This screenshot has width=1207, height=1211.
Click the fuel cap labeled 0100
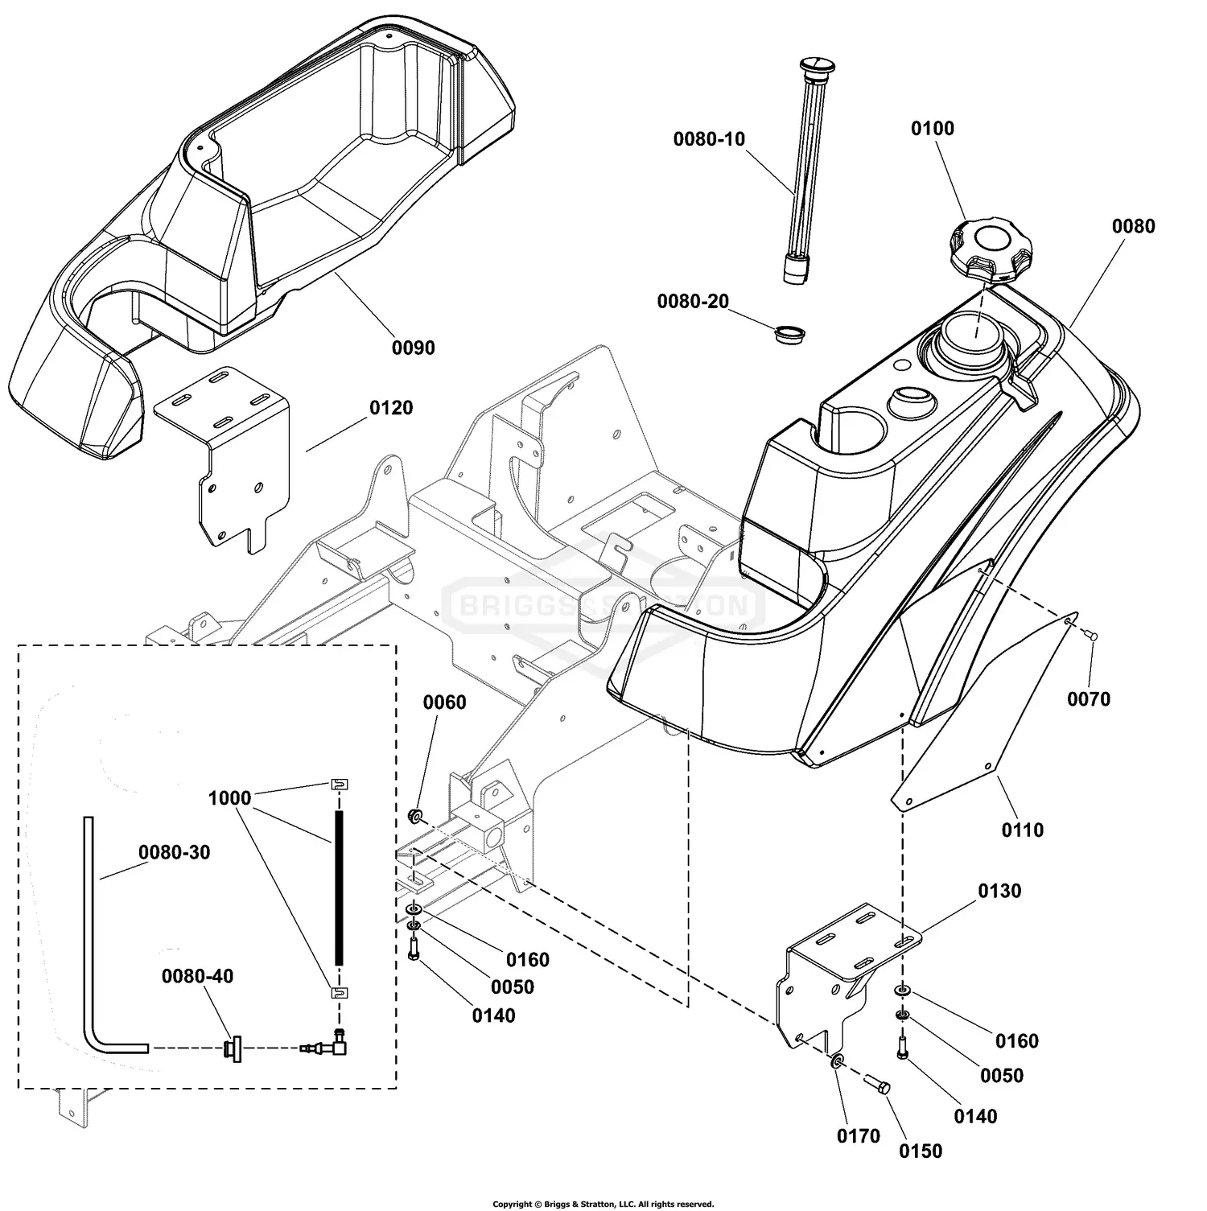click(982, 249)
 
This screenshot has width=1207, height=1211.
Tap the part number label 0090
click(413, 348)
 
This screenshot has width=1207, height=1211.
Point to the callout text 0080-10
click(709, 139)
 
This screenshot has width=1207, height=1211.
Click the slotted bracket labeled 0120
click(221, 451)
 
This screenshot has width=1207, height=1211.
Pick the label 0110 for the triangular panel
click(1022, 830)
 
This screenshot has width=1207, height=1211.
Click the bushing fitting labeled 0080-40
click(233, 1048)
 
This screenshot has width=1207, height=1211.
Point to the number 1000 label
click(229, 798)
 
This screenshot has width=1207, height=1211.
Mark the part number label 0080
click(1133, 227)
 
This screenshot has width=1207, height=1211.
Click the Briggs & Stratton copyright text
click(603, 1204)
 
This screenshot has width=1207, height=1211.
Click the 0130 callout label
click(999, 891)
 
